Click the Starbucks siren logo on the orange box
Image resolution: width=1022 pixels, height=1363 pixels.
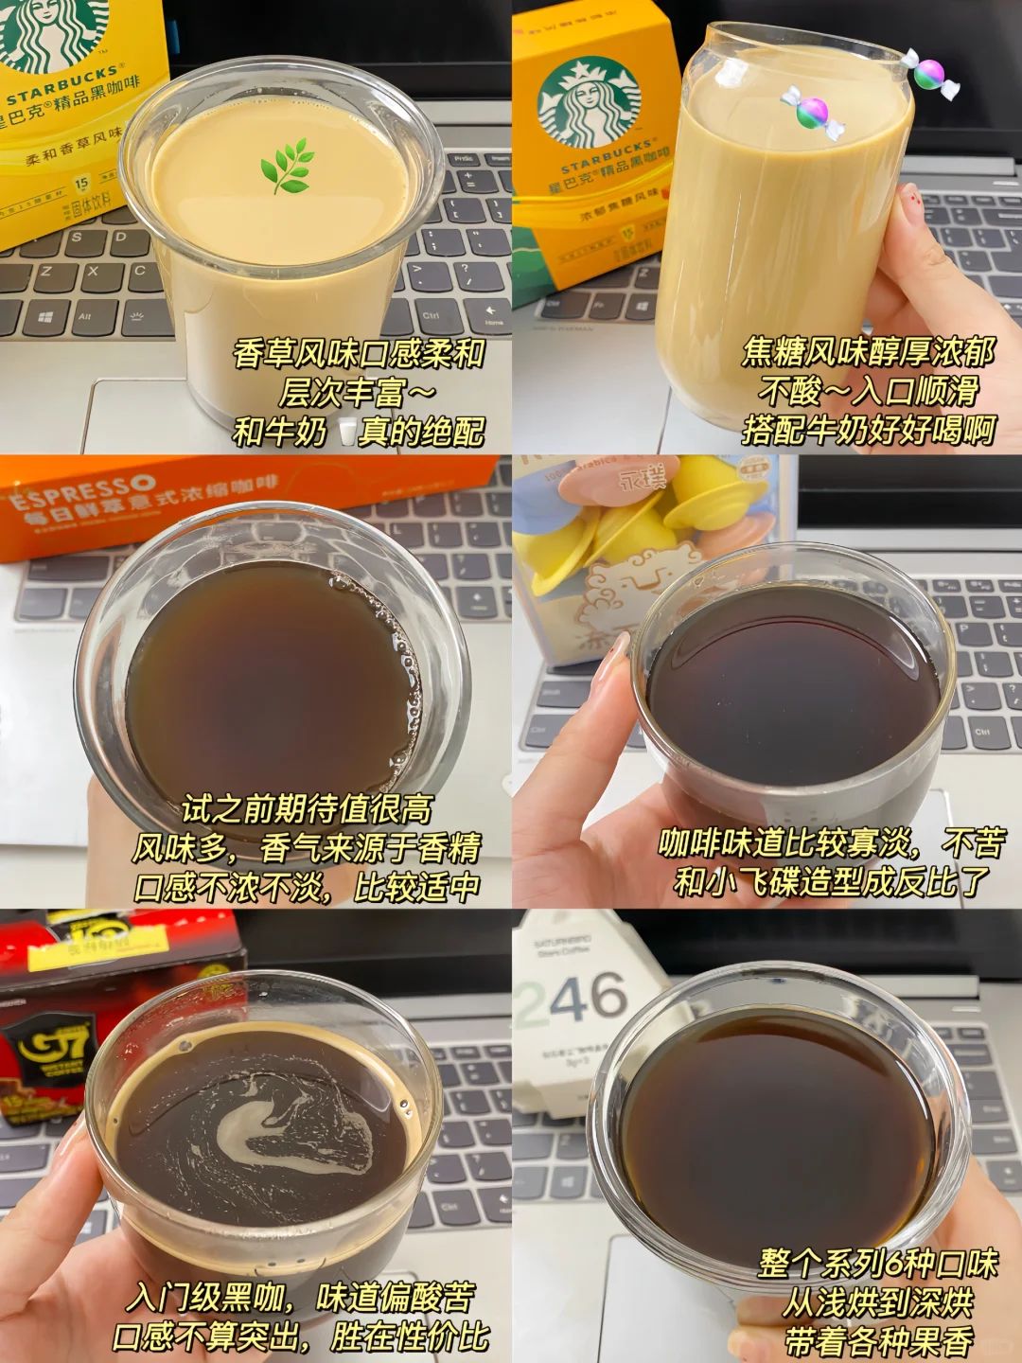(588, 101)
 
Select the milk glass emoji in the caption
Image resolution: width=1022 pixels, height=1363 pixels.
(347, 433)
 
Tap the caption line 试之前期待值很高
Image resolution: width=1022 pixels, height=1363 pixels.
(307, 809)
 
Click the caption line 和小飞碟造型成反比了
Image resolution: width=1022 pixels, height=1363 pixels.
(831, 882)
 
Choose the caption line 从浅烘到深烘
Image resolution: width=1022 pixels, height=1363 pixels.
(877, 1302)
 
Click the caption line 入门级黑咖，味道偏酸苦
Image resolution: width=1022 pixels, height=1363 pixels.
(301, 1297)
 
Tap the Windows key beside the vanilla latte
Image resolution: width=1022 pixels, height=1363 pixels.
(44, 317)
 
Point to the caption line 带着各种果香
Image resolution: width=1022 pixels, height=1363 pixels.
(878, 1341)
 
